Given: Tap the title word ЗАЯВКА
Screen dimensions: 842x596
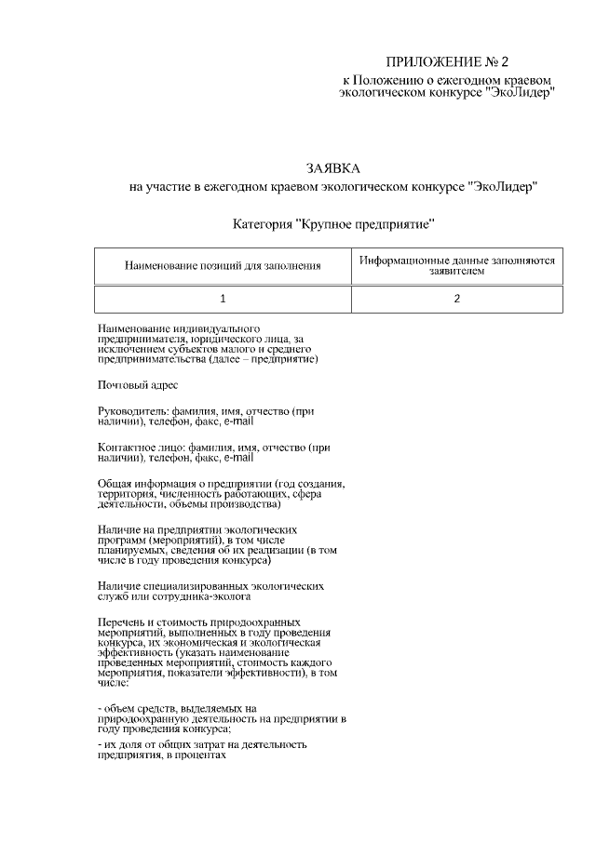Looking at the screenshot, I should [332, 168].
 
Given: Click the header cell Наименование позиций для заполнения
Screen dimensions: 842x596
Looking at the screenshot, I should [223, 266].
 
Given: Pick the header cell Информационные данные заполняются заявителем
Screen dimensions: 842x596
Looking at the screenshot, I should [456, 266].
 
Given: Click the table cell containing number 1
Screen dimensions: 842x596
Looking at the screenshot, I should [223, 299].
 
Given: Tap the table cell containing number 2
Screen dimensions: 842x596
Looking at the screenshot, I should [456, 299].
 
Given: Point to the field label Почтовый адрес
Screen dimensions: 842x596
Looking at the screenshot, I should [138, 384].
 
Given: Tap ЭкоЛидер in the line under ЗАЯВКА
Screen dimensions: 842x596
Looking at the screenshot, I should [503, 187].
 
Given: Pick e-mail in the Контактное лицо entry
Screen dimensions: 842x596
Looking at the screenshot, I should [237, 459].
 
